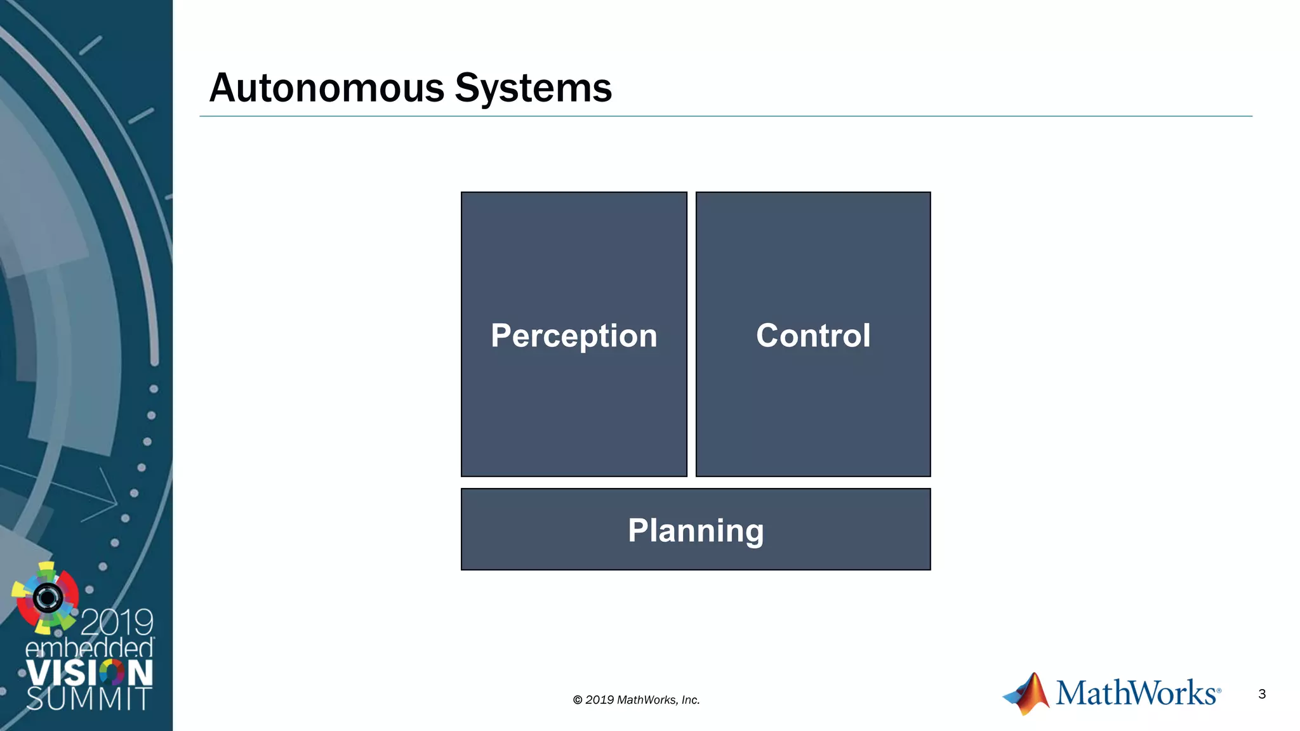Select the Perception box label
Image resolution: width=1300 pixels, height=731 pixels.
[x=574, y=335]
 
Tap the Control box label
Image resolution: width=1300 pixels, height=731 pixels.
[x=813, y=335]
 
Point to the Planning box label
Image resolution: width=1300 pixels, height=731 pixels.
[x=696, y=530]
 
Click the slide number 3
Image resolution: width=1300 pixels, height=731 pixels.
[x=1262, y=694]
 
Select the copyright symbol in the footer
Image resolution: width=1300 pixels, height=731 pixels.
[x=578, y=700]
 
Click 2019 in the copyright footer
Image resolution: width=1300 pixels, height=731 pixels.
[x=599, y=700]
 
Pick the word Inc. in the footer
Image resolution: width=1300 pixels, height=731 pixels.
[x=691, y=700]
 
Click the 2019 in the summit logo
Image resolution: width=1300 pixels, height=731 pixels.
[x=117, y=622]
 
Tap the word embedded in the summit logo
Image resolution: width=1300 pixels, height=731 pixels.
[x=90, y=649]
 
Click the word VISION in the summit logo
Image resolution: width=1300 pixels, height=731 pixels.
[x=90, y=673]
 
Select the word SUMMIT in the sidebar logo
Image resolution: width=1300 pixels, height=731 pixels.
[x=89, y=699]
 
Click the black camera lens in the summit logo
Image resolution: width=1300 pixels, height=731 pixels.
[x=48, y=597]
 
